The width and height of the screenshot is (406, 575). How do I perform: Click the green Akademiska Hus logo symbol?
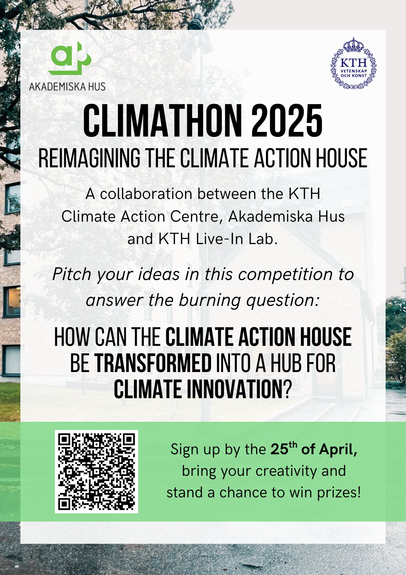70,58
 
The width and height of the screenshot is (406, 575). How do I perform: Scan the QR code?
96,471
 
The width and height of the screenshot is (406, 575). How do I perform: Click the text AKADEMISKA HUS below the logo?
67,87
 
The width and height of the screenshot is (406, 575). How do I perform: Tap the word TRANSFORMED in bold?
153,363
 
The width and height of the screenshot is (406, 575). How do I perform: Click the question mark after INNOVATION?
288,390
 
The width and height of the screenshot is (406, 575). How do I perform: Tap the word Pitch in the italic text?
72,275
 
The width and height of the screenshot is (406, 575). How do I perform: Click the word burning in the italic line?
210,300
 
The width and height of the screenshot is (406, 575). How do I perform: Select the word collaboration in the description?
146,194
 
